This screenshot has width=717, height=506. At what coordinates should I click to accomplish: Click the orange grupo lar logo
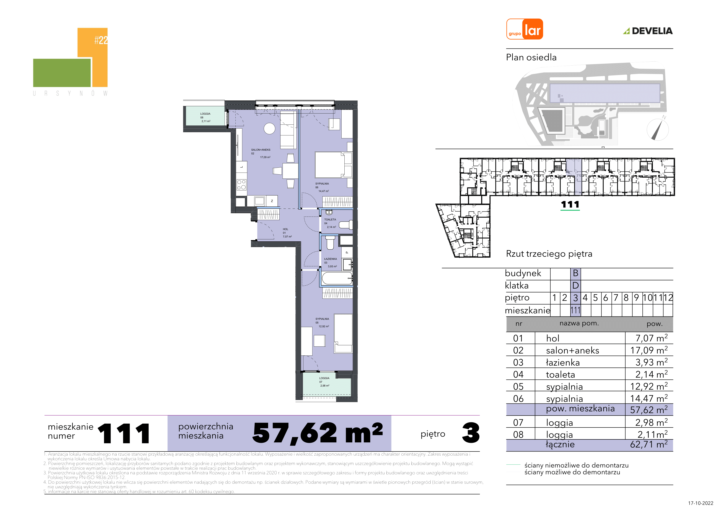pos(525,29)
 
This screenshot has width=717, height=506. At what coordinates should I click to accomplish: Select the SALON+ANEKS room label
pos(261,150)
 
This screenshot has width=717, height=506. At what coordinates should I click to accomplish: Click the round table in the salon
pos(269,129)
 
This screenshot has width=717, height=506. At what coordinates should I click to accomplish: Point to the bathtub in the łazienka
pos(337,278)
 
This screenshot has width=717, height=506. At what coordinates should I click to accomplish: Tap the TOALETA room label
pos(330,220)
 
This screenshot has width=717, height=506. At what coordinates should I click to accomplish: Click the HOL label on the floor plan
pos(285,229)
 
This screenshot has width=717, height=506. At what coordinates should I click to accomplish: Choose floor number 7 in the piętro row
pos(616,298)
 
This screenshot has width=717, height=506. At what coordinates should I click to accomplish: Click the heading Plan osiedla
pos(531,57)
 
